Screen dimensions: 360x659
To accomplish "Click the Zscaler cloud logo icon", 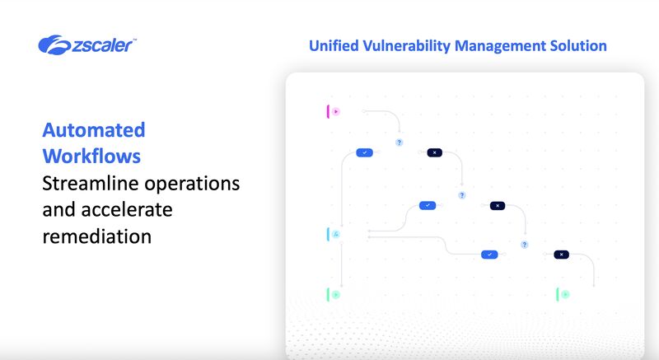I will (54, 44).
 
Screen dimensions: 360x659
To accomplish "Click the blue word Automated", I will (94, 129).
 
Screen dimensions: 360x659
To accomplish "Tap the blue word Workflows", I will (91, 156).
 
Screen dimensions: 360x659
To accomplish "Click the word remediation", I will (97, 236).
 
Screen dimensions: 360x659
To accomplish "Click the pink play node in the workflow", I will (334, 111).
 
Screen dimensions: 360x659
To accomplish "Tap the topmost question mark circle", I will (400, 143).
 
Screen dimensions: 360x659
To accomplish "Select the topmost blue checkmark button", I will (365, 152).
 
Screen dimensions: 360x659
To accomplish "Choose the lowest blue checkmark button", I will (490, 255).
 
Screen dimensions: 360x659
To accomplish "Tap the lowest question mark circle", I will (524, 245).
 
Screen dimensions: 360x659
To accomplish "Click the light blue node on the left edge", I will (334, 235).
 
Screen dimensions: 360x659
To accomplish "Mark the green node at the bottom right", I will (563, 294).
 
